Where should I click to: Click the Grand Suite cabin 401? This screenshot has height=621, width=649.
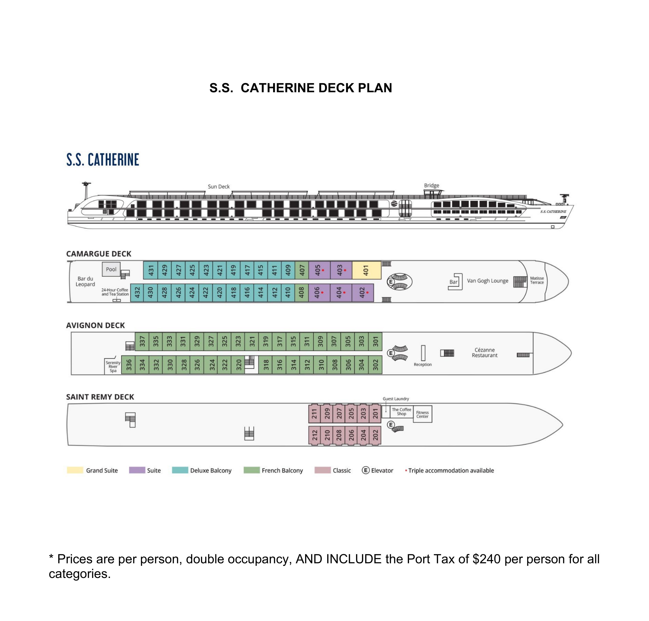pyautogui.click(x=366, y=270)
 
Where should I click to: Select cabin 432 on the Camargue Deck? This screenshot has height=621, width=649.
pyautogui.click(x=137, y=292)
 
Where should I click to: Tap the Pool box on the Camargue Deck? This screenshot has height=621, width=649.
pyautogui.click(x=111, y=269)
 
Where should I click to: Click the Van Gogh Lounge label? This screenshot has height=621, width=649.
pyautogui.click(x=487, y=281)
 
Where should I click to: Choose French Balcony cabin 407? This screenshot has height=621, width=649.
pyautogui.click(x=302, y=270)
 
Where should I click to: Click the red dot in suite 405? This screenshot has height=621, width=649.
pyautogui.click(x=323, y=270)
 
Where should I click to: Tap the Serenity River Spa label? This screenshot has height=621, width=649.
pyautogui.click(x=113, y=366)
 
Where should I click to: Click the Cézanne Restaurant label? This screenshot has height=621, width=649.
pyautogui.click(x=484, y=352)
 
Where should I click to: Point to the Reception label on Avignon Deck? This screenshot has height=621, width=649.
pyautogui.click(x=422, y=364)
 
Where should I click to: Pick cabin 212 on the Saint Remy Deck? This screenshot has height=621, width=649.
pyautogui.click(x=314, y=435)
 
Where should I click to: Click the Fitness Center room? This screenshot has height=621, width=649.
pyautogui.click(x=422, y=414)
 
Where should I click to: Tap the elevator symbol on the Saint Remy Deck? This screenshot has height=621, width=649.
pyautogui.click(x=391, y=425)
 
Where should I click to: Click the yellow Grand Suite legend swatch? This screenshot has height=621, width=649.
pyautogui.click(x=75, y=470)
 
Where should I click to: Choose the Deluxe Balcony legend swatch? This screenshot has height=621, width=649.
pyautogui.click(x=180, y=470)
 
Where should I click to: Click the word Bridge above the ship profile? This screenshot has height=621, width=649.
pyautogui.click(x=431, y=185)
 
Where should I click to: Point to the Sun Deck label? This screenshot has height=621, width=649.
pyautogui.click(x=219, y=186)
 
